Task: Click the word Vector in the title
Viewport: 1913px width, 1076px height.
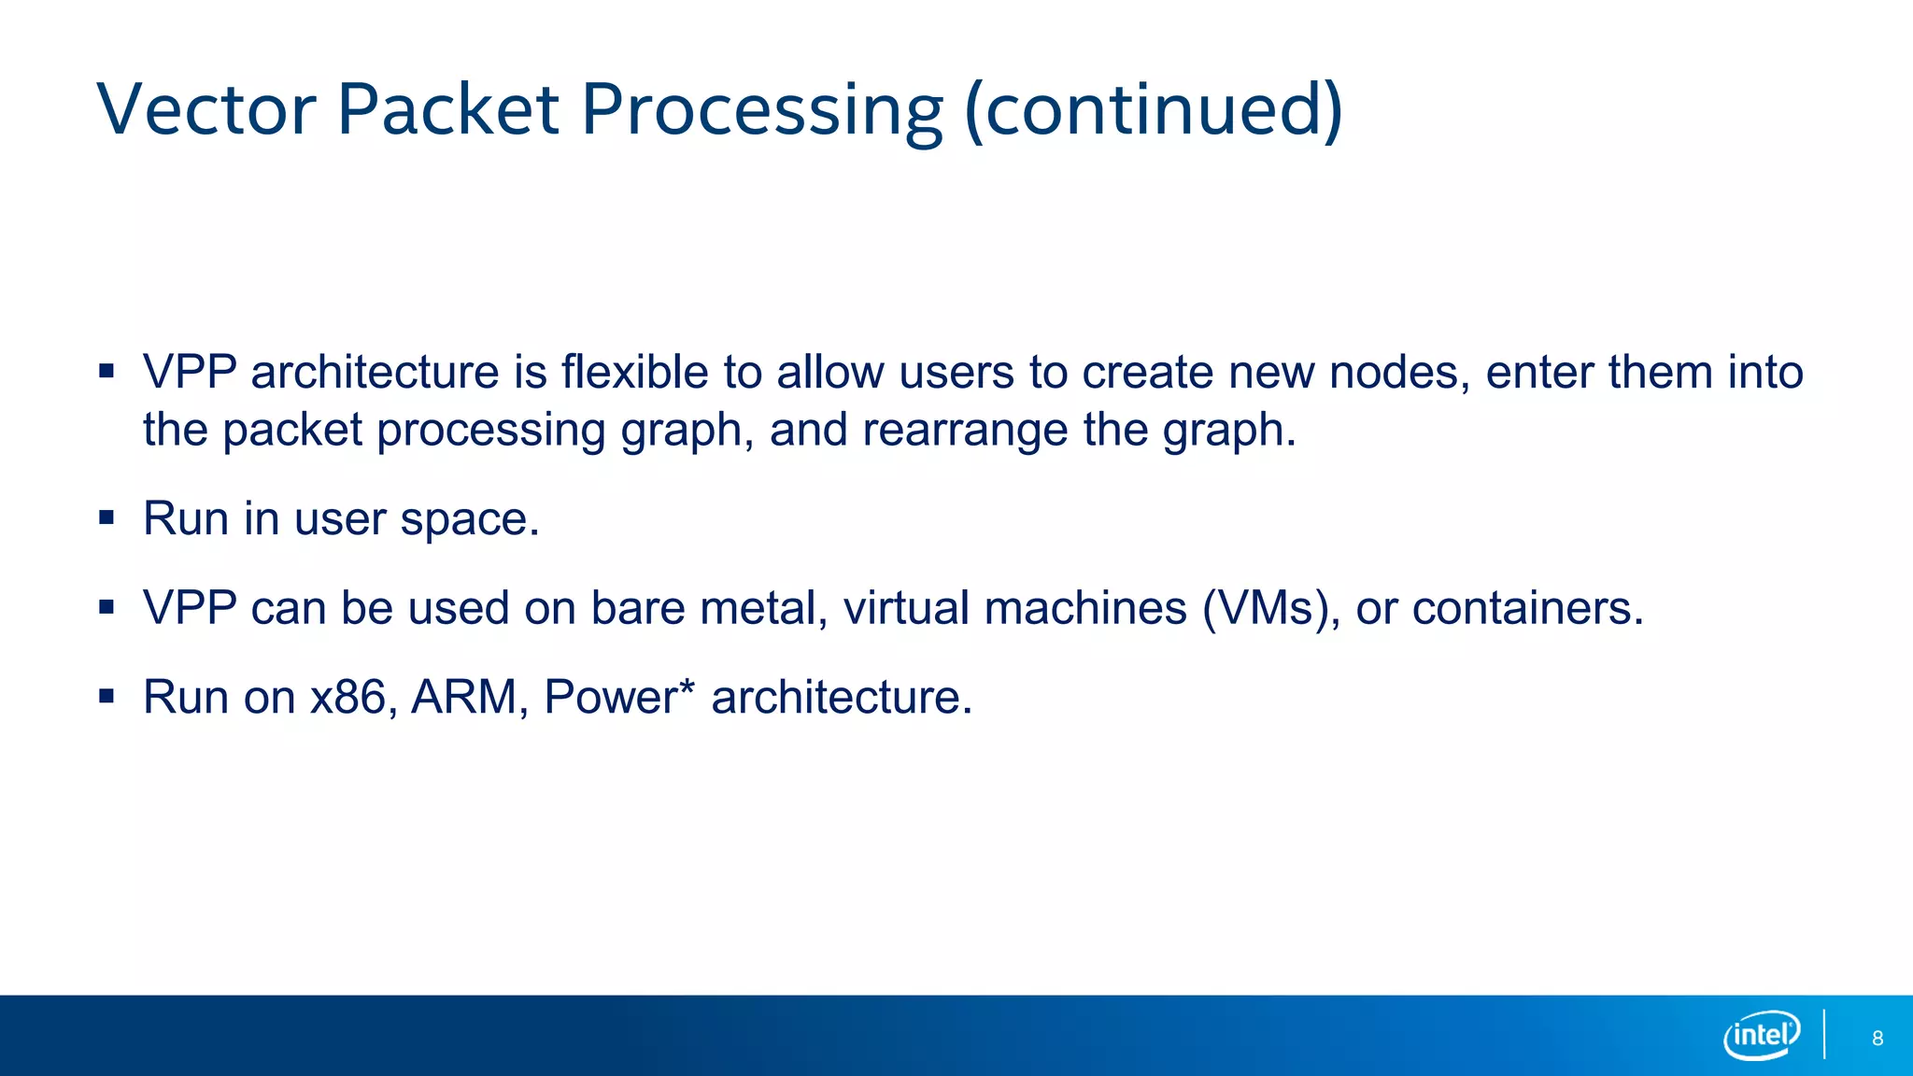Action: (x=207, y=109)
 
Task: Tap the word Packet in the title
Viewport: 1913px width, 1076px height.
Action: (x=447, y=109)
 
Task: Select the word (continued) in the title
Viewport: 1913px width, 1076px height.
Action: (x=1154, y=109)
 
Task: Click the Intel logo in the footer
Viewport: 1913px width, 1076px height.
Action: (x=1762, y=1035)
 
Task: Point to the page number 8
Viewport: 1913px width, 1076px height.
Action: (x=1878, y=1039)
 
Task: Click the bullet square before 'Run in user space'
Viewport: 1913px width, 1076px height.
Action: (x=106, y=517)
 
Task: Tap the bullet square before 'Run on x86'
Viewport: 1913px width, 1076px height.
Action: (x=106, y=696)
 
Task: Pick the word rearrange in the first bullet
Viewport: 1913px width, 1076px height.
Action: (x=965, y=430)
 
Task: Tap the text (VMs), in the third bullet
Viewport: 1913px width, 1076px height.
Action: (x=1271, y=608)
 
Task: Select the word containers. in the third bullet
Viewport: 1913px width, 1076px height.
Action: (x=1527, y=608)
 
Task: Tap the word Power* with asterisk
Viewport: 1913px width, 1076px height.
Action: (x=619, y=697)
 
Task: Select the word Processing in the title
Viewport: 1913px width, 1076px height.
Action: (x=762, y=109)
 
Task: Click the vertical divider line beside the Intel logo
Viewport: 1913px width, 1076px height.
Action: (x=1824, y=1034)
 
